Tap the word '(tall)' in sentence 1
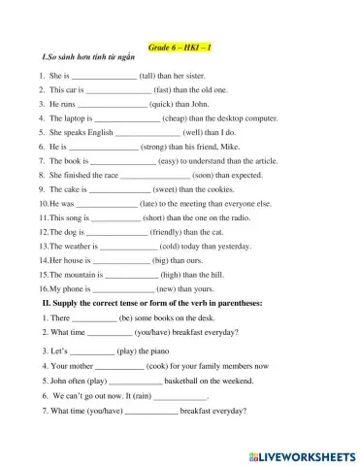(151, 75)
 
